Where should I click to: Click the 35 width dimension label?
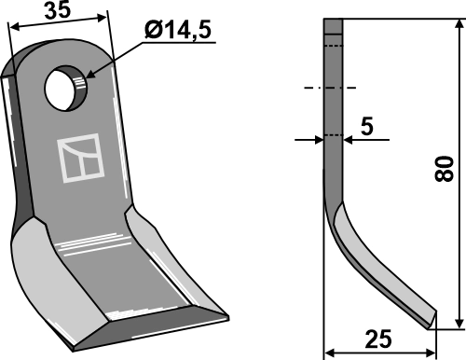point(58,9)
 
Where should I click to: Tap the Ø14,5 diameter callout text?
point(178,30)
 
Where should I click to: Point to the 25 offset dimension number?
point(378,339)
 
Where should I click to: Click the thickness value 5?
point(367,127)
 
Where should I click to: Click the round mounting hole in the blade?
point(66,89)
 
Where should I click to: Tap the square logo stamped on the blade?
point(80,158)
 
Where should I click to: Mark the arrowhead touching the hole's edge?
point(90,74)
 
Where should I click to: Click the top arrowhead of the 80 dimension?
point(459,24)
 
